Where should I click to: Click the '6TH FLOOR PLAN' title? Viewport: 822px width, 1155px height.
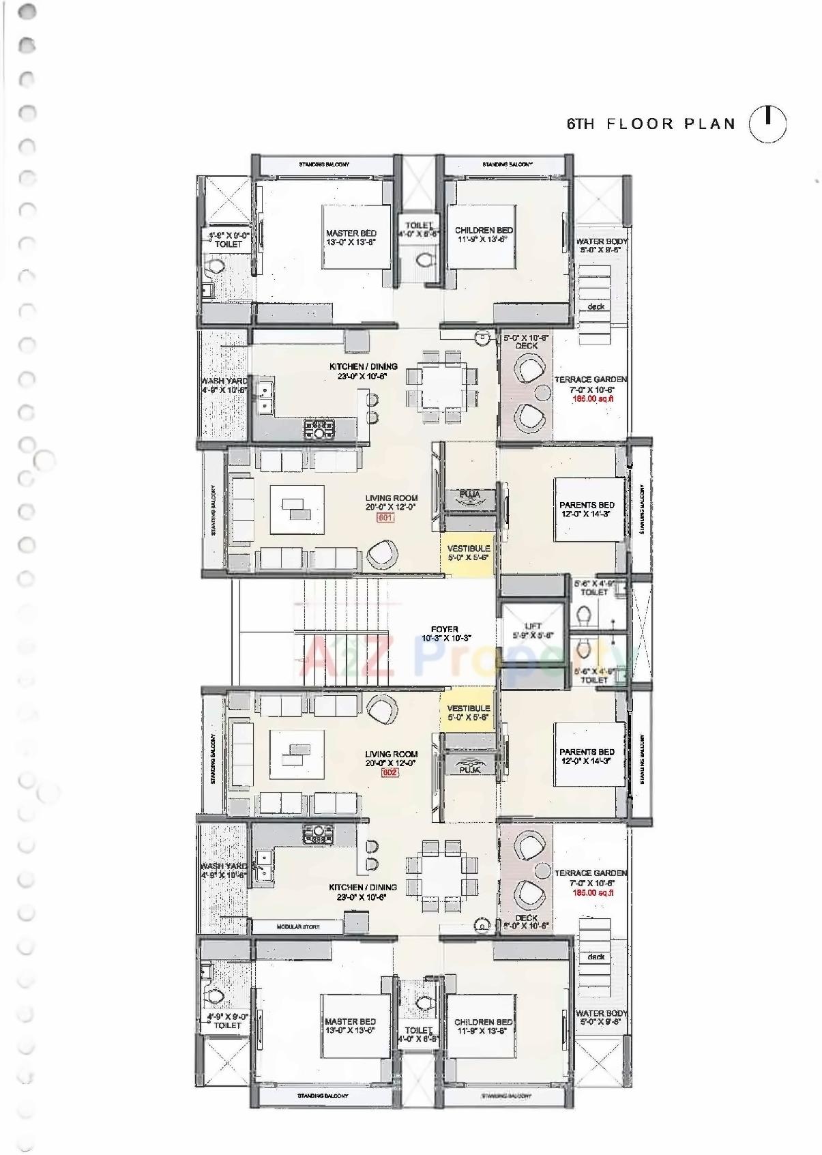[x=651, y=124]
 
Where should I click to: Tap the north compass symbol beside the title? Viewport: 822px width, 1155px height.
[x=767, y=124]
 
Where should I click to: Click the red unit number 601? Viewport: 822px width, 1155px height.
[x=386, y=518]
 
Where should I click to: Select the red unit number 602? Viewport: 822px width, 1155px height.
[x=389, y=772]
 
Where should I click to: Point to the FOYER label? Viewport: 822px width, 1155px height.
[x=445, y=629]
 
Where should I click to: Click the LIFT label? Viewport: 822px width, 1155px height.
[x=533, y=626]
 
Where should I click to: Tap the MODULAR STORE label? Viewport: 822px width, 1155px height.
[x=298, y=926]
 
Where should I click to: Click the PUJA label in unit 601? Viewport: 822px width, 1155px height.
[x=469, y=494]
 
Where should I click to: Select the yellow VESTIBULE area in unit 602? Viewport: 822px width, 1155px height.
[x=468, y=712]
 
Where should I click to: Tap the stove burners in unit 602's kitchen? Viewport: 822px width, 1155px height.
[x=319, y=833]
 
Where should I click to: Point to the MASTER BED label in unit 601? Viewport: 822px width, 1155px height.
[x=351, y=233]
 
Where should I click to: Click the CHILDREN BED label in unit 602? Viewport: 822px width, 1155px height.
[x=483, y=1021]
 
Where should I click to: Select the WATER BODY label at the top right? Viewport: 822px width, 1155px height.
[x=601, y=242]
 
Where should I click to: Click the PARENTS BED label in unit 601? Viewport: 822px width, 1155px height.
[x=587, y=506]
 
